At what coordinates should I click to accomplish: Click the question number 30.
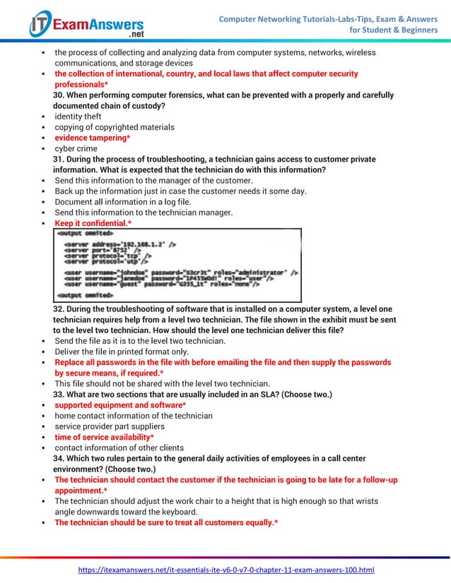[x=60, y=95]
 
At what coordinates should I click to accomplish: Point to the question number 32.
[x=60, y=309]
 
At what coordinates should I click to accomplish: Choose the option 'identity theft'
[x=78, y=116]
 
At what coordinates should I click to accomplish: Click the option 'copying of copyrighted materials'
[x=115, y=127]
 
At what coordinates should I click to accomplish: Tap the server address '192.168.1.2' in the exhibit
[x=141, y=244]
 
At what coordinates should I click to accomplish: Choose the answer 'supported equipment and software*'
[x=121, y=405]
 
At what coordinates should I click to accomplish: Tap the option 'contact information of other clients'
[x=119, y=447]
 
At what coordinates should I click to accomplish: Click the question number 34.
[x=60, y=459]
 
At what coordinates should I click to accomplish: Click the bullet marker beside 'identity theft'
[x=44, y=117]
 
